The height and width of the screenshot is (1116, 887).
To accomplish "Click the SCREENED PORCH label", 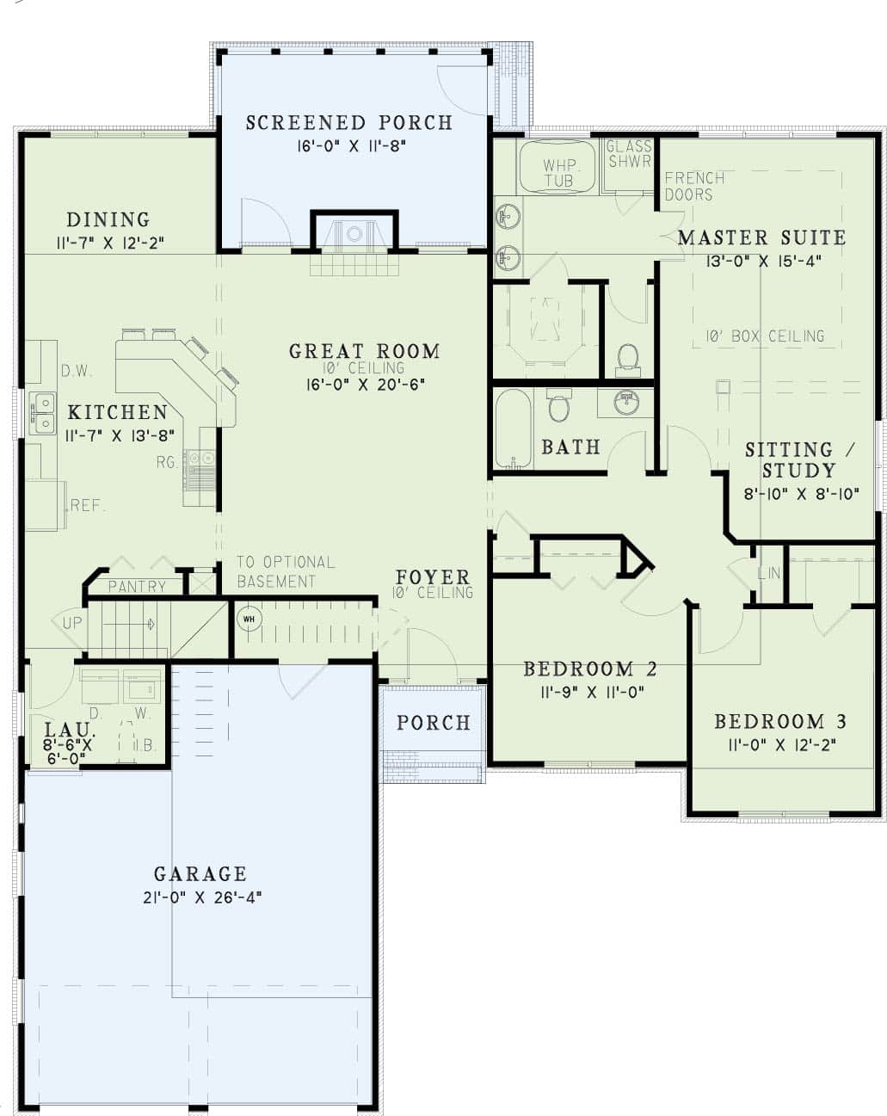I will [348, 123].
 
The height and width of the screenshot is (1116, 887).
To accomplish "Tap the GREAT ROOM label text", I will [364, 351].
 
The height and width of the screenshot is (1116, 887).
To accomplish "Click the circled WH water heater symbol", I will [249, 619].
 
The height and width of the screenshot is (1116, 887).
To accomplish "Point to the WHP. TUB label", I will [558, 172].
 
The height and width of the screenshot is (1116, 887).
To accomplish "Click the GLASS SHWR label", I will [630, 154].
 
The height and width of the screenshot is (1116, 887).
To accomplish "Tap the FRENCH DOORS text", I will [694, 186].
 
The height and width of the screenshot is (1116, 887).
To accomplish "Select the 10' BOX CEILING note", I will [765, 336].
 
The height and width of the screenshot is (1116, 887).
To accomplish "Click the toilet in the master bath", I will [628, 359].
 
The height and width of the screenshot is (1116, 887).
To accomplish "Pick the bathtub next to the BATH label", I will [513, 428].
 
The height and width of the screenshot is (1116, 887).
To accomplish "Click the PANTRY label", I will [138, 587].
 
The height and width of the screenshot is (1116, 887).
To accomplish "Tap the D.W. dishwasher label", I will [77, 371].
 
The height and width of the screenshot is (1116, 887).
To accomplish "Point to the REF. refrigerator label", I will [88, 506].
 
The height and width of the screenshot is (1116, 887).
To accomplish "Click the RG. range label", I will [167, 463].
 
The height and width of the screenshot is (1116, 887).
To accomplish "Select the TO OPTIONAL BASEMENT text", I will [285, 571].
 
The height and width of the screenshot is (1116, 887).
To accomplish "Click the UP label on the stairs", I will [72, 622].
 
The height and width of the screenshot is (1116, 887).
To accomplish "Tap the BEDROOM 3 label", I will [780, 722].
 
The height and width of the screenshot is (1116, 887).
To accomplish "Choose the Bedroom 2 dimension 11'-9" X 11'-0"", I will [591, 691].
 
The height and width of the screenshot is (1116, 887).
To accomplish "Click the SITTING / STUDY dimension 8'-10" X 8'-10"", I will [801, 494].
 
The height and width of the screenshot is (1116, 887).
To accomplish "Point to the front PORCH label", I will [433, 723].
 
